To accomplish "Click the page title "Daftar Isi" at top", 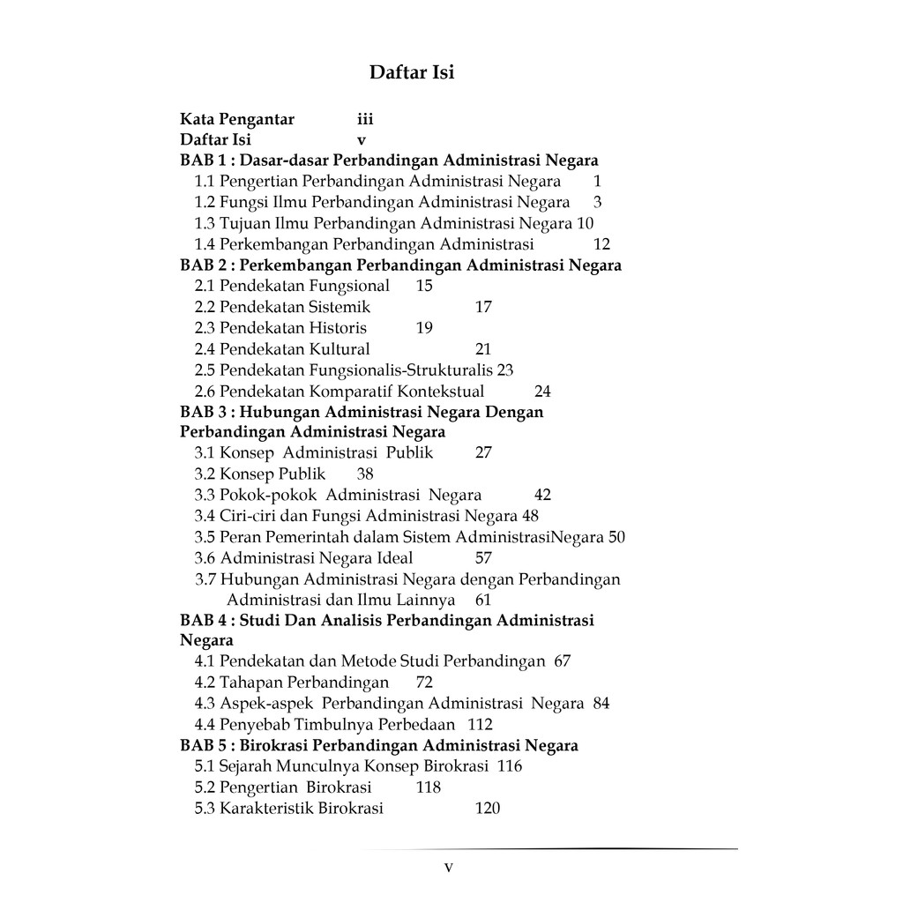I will pyautogui.click(x=412, y=72).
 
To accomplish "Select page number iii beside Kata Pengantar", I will pyautogui.click(x=365, y=118).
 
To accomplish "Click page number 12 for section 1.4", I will pyautogui.click(x=602, y=244).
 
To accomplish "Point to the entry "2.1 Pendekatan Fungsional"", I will pyautogui.click(x=292, y=286).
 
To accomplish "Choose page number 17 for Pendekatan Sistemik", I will pyautogui.click(x=483, y=307).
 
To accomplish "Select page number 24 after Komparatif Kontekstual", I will pyautogui.click(x=542, y=392).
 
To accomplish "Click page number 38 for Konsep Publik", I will pyautogui.click(x=365, y=474).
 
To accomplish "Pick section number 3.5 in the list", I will pyautogui.click(x=205, y=537).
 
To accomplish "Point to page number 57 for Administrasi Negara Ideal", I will pyautogui.click(x=483, y=558).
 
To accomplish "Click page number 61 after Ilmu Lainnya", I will pyautogui.click(x=483, y=600).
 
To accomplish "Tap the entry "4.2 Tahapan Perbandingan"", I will pyautogui.click(x=292, y=683).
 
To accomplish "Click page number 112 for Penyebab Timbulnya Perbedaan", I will pyautogui.click(x=480, y=725).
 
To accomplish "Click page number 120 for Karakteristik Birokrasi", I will pyautogui.click(x=487, y=809).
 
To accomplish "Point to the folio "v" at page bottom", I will pyautogui.click(x=449, y=868).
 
